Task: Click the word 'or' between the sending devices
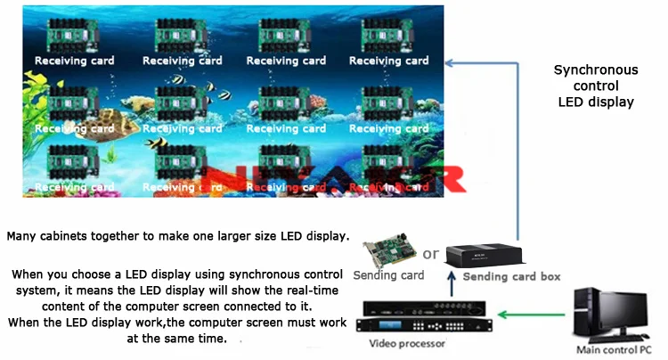(x=431, y=254)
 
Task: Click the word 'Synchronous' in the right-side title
(x=596, y=70)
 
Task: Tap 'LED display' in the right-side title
(x=596, y=102)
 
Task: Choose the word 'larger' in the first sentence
(x=223, y=237)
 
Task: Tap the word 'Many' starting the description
(x=21, y=237)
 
